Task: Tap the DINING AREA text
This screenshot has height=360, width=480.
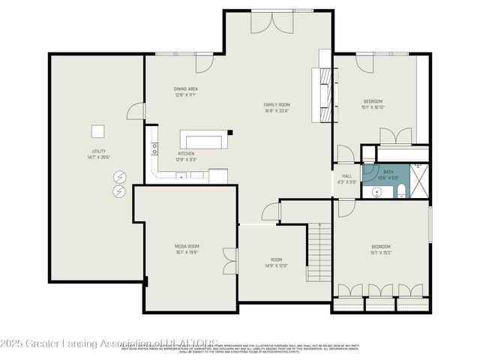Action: tap(185, 89)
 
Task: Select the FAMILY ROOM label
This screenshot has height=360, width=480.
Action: tap(277, 105)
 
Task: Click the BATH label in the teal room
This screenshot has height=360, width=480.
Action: tap(388, 172)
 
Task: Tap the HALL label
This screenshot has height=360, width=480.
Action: tap(347, 175)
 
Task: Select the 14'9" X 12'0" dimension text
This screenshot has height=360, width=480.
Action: tap(276, 265)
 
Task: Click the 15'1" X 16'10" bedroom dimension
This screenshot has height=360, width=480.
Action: tap(373, 107)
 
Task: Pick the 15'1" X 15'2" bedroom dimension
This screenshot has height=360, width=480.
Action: tap(381, 252)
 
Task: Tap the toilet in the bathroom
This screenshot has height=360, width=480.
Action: tap(401, 189)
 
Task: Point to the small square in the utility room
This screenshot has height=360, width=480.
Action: tap(97, 131)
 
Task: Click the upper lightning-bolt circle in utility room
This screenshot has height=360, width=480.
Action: tap(119, 178)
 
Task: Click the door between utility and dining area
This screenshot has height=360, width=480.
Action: tap(134, 112)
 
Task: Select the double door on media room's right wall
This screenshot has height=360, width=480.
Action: tap(229, 263)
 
